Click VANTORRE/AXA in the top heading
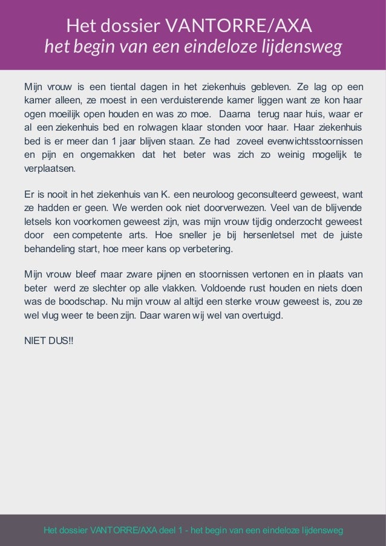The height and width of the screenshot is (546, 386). [238, 26]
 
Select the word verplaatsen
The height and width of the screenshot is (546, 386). [50, 169]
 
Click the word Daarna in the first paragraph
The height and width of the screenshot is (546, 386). [234, 113]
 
